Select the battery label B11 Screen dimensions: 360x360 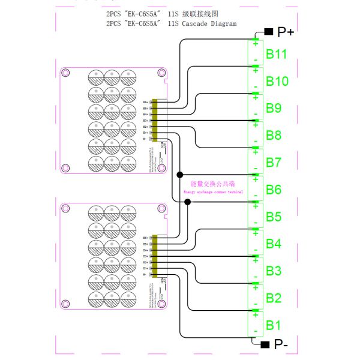click(277, 55)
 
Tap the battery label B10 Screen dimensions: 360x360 click(277, 82)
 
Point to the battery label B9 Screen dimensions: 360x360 click(274, 109)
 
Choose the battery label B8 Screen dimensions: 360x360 click(274, 135)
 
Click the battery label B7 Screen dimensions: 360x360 click(274, 162)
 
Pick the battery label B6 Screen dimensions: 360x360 click(274, 190)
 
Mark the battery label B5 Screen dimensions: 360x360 click(274, 217)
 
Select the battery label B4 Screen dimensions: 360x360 click(274, 244)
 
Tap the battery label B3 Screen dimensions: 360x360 click(274, 271)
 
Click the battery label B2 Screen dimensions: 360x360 click(274, 298)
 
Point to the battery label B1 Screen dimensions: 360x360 click(274, 325)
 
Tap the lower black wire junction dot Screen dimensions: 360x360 click(188, 202)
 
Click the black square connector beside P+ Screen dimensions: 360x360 click(268, 31)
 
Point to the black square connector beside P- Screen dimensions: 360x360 click(265, 344)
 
